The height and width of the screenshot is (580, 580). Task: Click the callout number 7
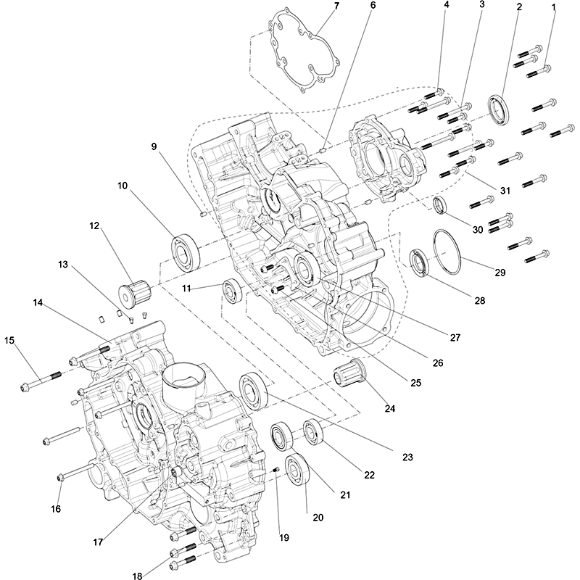coord(336,7)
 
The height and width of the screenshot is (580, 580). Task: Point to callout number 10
coord(123,186)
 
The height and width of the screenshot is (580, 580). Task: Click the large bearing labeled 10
coord(186,249)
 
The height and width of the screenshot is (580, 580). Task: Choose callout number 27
coord(455,338)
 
